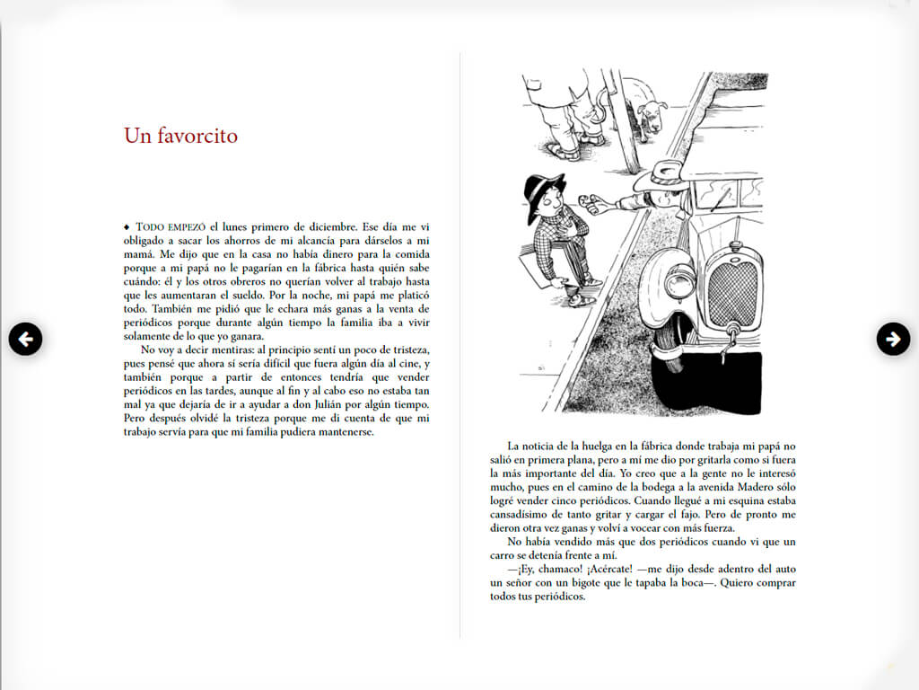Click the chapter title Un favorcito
tap(180, 136)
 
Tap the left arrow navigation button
tap(26, 339)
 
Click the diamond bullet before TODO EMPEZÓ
tap(127, 226)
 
